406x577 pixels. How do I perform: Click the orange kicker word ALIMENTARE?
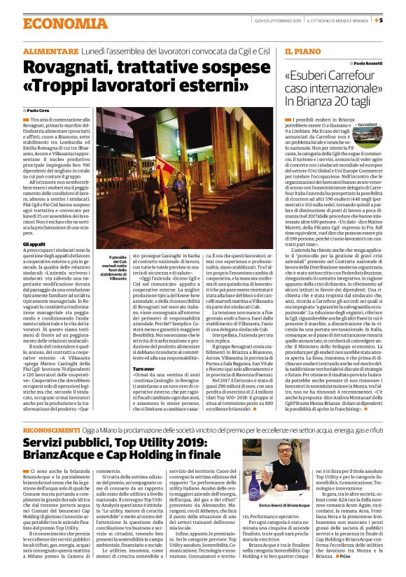point(50,53)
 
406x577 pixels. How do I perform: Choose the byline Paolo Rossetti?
point(381,63)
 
